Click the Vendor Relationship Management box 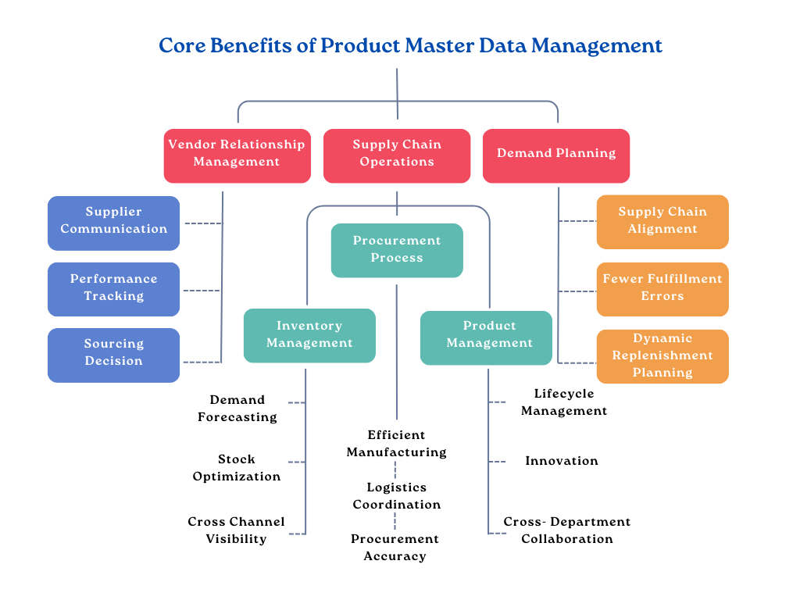coord(237,155)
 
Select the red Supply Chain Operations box coord(397,155)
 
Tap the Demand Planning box coord(556,155)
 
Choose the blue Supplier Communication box coord(114,222)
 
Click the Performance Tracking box coord(114,288)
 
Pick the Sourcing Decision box coord(114,354)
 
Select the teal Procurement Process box coord(397,250)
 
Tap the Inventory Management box coord(309,335)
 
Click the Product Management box coord(489,336)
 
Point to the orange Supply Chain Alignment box coord(662,221)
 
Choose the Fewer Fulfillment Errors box coord(662,288)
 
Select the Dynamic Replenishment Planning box coord(662,356)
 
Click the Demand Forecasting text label coord(237,409)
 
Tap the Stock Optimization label coord(237,468)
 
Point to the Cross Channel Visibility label coord(236,530)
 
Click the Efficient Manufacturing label coord(397,444)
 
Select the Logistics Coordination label coord(397,496)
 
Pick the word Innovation coord(562,461)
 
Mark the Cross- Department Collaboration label coord(567,530)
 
